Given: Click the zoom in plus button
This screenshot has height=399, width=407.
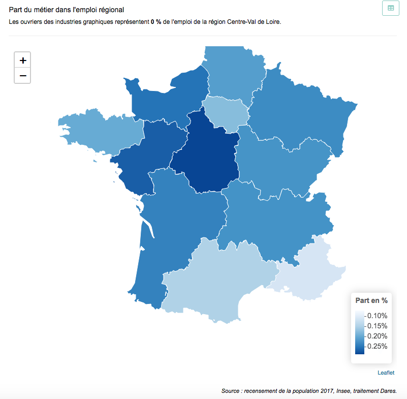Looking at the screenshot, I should point(23,60).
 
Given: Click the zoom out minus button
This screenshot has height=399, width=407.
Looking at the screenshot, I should point(23,76).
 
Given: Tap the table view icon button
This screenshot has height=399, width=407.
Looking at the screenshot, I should point(390,8).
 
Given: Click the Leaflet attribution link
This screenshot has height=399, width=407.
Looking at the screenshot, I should point(386,373).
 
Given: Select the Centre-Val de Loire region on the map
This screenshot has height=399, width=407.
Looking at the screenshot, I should point(206,155).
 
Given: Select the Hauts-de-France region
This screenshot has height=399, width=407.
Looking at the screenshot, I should point(234,71).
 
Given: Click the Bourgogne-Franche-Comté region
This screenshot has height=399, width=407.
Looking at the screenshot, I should point(282,163).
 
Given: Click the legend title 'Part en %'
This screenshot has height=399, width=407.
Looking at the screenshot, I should point(371,300).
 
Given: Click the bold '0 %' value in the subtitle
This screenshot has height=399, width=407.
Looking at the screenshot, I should point(156,22).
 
